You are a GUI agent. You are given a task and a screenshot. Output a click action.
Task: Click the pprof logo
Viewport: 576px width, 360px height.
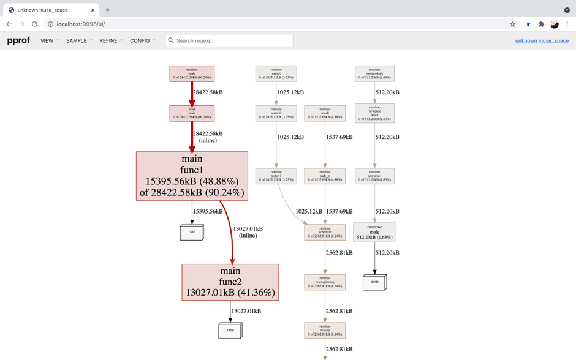coord(18,40)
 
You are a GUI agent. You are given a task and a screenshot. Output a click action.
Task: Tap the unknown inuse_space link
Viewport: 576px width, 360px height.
coord(542,41)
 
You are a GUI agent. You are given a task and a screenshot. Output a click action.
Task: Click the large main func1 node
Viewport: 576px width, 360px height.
coord(192,176)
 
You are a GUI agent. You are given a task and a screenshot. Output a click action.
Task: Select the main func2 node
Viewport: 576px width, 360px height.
coord(230,282)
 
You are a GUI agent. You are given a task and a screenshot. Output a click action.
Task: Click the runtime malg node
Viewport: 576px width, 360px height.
coord(374,232)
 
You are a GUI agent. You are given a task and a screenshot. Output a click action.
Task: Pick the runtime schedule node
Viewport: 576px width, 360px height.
coord(325,233)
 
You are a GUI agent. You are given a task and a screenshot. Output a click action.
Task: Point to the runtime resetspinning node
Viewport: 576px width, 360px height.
coord(325,282)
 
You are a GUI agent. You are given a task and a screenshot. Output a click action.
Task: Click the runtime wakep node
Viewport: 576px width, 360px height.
coord(325,331)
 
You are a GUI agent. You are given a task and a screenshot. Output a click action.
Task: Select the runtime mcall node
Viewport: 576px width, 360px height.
coord(325,113)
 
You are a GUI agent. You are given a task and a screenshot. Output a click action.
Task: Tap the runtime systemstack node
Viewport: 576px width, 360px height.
coord(374,74)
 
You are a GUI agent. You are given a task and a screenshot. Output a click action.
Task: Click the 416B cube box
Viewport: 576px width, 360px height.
coord(374,282)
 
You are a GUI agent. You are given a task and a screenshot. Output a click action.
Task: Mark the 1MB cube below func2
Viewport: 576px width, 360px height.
coord(230,331)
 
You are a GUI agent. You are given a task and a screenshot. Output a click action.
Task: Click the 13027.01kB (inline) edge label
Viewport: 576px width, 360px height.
coord(248,232)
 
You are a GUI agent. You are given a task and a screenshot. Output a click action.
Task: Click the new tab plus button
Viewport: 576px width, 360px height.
coord(108,10)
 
